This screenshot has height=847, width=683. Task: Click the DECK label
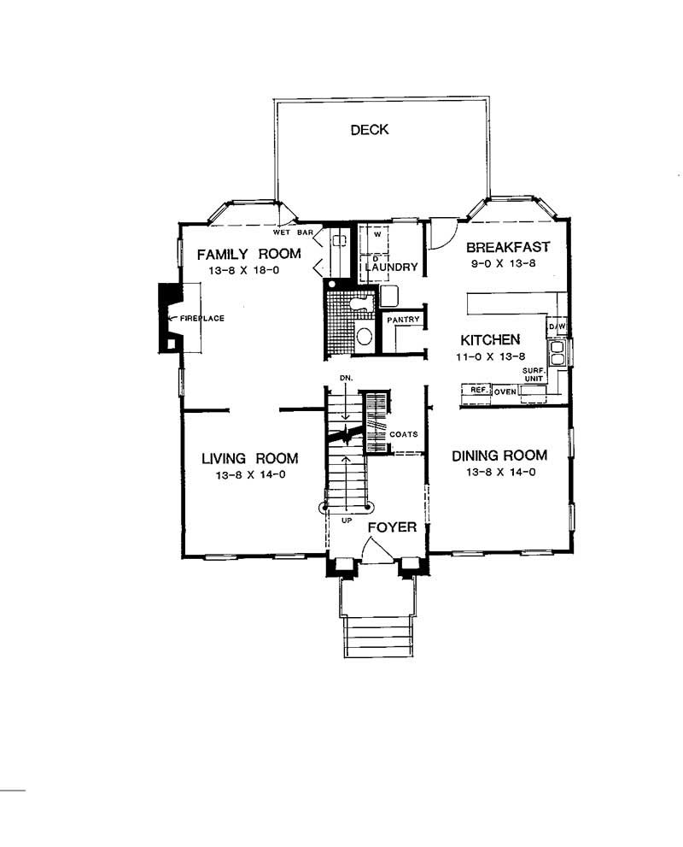369,130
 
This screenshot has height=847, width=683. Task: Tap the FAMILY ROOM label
249,253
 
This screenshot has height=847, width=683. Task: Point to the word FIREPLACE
201,319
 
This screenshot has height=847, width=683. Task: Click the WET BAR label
294,232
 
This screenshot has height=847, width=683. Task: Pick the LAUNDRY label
391,268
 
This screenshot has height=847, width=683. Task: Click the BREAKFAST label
508,247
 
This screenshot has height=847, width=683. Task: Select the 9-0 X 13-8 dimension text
507,264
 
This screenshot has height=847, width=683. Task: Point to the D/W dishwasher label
557,327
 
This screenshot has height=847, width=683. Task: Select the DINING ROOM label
499,456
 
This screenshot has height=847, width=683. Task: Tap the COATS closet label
403,434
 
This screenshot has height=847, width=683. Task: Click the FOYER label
392,527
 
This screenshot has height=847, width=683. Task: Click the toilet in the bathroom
364,336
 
